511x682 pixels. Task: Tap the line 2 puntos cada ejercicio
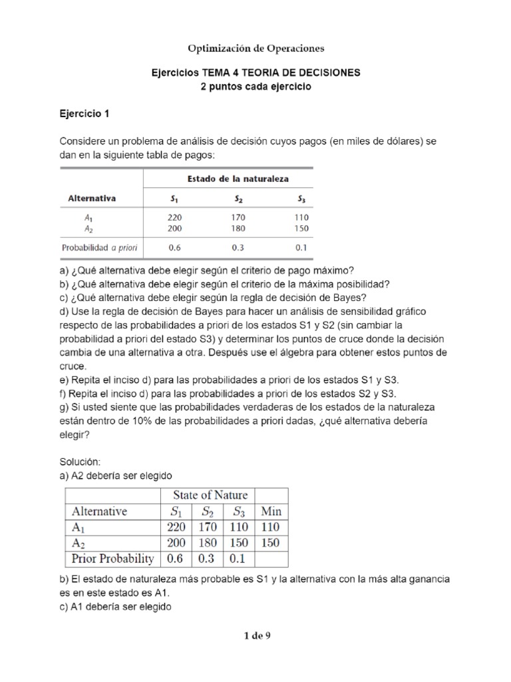tap(255, 87)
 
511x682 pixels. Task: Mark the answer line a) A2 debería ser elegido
tap(116, 476)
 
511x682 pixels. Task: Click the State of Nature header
tap(210, 495)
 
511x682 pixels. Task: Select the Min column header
tap(271, 512)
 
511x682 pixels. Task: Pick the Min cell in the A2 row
tap(271, 543)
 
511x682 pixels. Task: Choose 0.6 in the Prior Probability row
tap(177, 558)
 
